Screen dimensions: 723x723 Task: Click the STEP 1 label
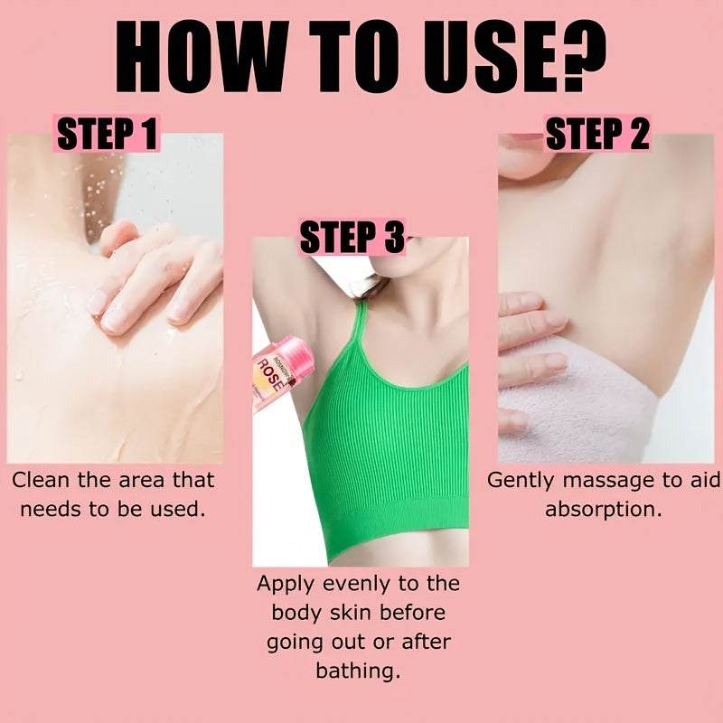coord(108,135)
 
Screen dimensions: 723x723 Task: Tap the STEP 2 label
coord(597,135)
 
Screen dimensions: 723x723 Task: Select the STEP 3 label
coord(352,239)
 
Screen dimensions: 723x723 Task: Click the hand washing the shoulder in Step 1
coord(154,280)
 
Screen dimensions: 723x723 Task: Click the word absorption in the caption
coord(603,509)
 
